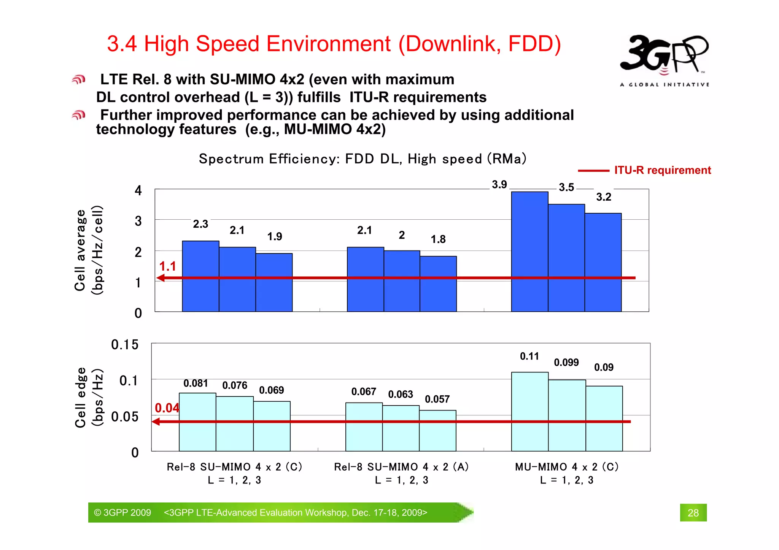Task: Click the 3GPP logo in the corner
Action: [664, 59]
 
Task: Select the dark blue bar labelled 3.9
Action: [529, 251]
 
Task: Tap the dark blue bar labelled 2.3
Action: [200, 276]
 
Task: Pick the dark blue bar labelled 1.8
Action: [438, 284]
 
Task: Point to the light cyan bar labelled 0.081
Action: [197, 422]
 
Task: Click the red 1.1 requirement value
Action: [167, 266]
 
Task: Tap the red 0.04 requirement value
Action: [167, 408]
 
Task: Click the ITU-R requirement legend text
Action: [662, 170]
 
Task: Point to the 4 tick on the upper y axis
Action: [138, 190]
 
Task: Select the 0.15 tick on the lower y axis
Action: [125, 345]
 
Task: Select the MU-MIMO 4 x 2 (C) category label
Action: [566, 467]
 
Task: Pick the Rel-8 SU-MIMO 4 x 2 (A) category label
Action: [401, 467]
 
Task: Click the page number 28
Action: [693, 513]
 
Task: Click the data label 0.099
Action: [566, 362]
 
